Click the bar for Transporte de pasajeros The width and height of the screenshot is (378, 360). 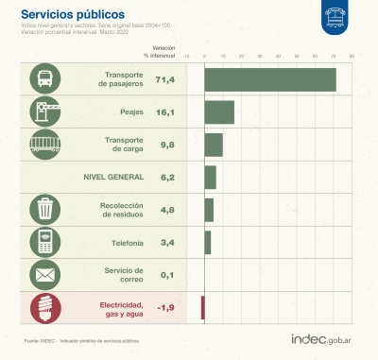pos(269,79)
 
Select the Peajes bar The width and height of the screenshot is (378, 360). pos(218,111)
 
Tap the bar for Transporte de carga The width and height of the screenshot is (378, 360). pos(213,145)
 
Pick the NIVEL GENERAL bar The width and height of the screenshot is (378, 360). pos(209,177)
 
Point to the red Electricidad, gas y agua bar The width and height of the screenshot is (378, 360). pos(202,307)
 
